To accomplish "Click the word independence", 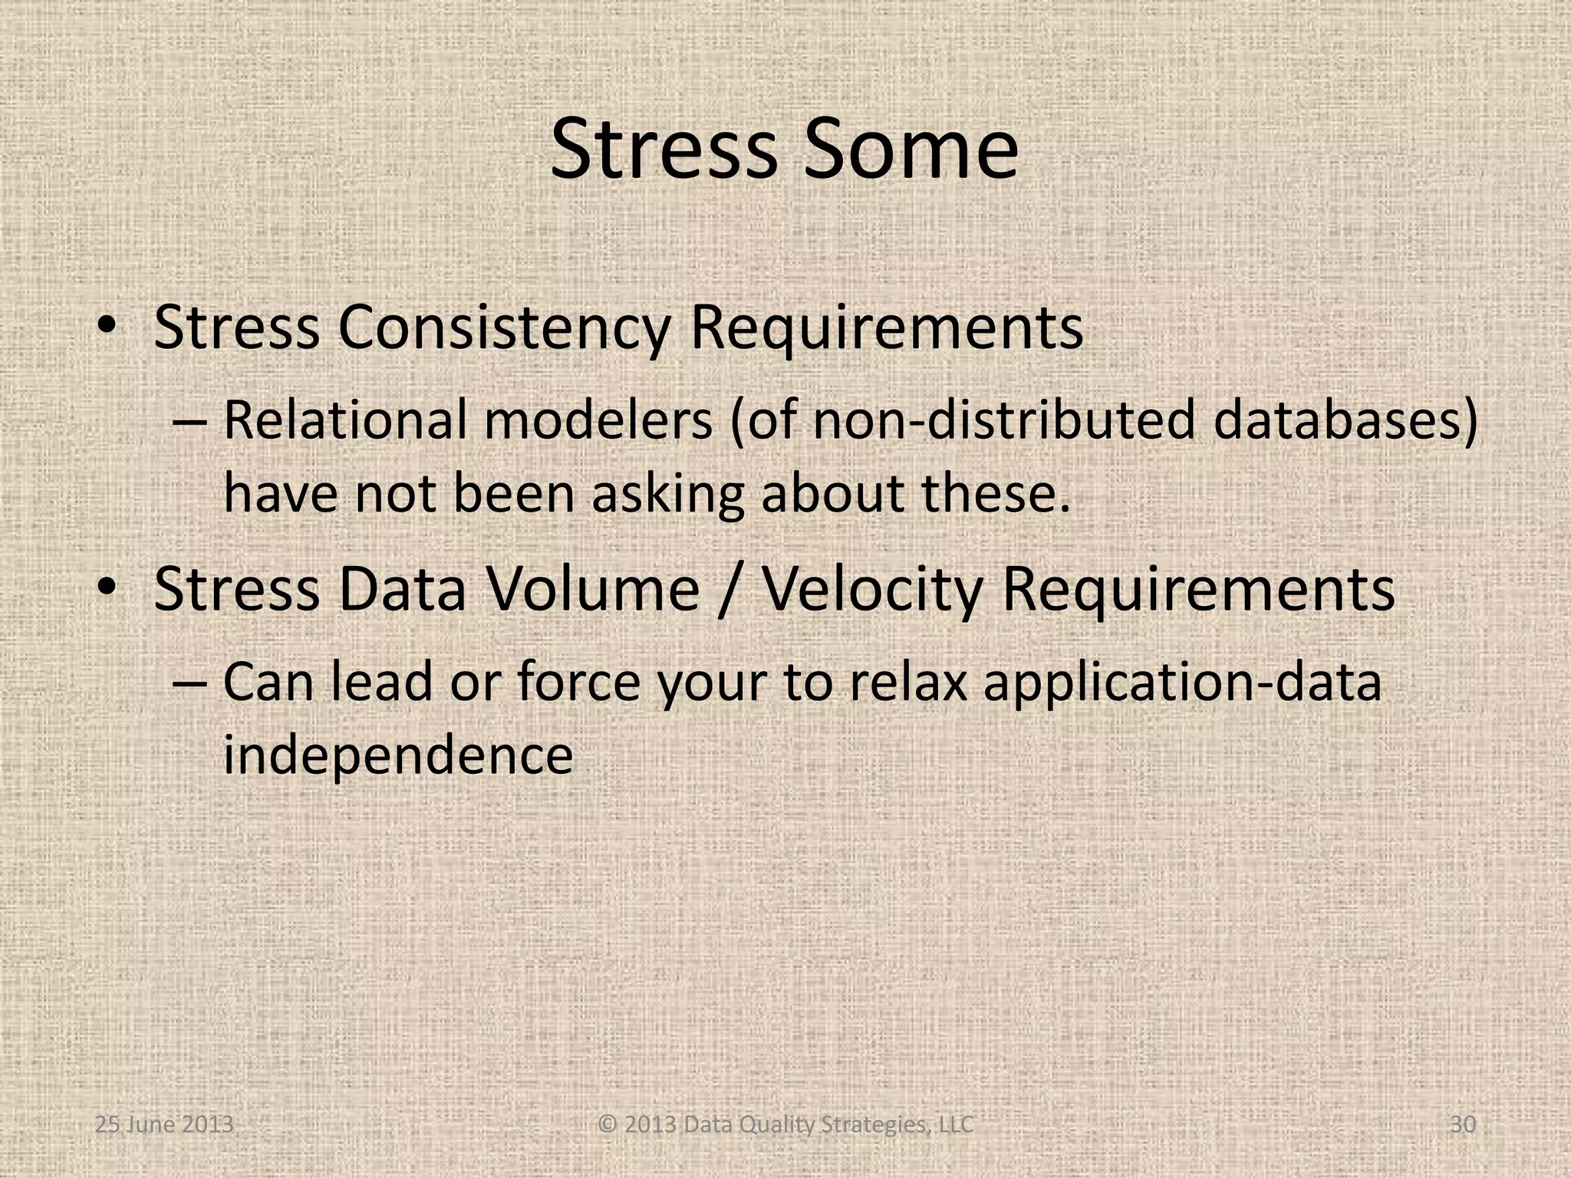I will pyautogui.click(x=398, y=755).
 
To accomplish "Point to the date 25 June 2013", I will pyautogui.click(x=163, y=1125).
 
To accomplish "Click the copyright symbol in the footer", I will pyautogui.click(x=608, y=1125).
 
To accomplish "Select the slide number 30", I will pyautogui.click(x=1463, y=1125).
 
